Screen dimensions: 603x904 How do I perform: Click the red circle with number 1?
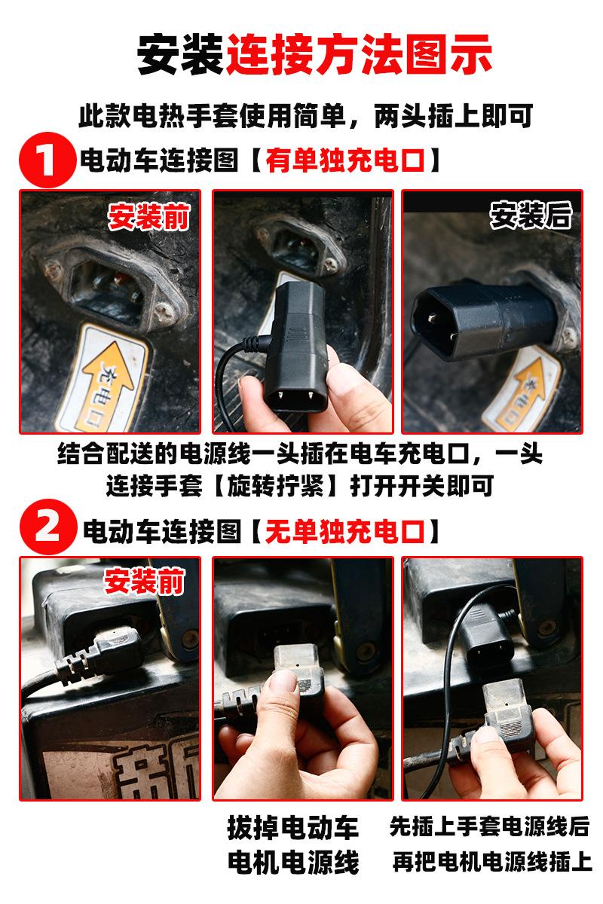tap(47, 160)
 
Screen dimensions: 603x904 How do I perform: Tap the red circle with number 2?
tap(48, 527)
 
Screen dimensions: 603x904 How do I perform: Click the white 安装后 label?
tap(531, 215)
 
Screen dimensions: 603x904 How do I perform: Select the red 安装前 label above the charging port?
tap(148, 217)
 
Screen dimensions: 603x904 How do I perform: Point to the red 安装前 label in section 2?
tap(144, 581)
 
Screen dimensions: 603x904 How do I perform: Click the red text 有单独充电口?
tap(345, 160)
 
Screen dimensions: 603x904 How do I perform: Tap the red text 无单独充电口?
tap(345, 532)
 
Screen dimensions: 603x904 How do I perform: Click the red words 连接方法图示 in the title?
tap(360, 54)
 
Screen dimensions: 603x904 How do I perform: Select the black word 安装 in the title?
tap(181, 54)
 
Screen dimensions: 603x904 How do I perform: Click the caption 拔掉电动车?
tap(293, 827)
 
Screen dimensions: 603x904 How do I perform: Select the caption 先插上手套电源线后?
tap(489, 826)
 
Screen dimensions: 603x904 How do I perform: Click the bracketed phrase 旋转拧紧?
tap(276, 485)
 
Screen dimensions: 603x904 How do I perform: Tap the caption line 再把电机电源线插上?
tap(492, 862)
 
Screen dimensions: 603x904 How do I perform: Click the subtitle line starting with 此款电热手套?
tap(306, 116)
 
